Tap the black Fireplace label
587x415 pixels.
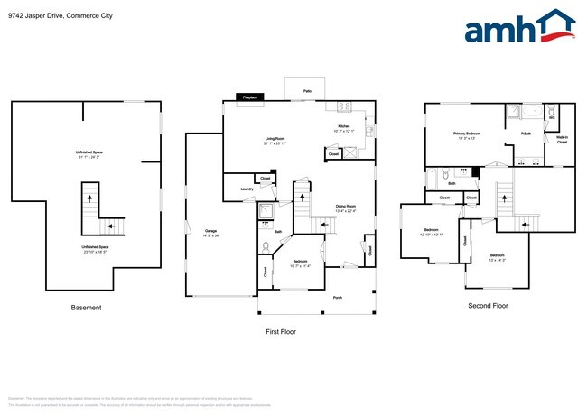(x=247, y=97)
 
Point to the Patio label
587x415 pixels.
(x=307, y=91)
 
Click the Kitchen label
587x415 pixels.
(x=343, y=126)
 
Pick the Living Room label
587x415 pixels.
(x=274, y=139)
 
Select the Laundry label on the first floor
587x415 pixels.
(x=246, y=189)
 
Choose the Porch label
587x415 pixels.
(x=313, y=297)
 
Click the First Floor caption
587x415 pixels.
(x=280, y=331)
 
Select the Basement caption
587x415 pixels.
(x=86, y=308)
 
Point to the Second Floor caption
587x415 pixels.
(x=488, y=306)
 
